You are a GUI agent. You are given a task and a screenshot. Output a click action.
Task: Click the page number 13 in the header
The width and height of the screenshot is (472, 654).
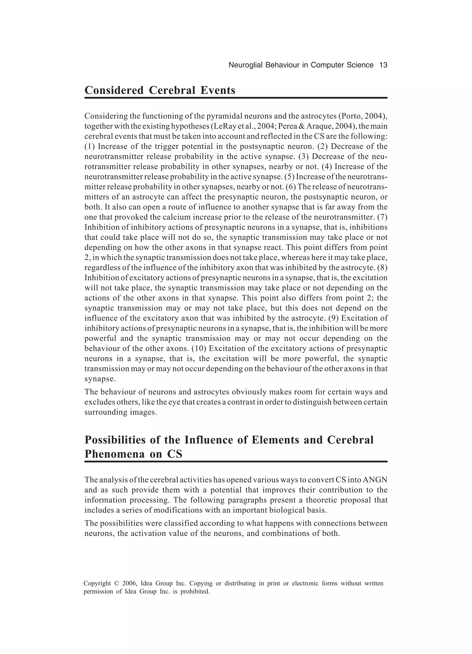pyautogui.click(x=383, y=65)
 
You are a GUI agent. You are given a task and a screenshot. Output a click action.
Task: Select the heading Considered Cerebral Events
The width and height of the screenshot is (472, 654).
pyautogui.click(x=160, y=91)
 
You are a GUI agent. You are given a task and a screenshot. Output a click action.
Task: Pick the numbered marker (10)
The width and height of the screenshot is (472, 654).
pyautogui.click(x=199, y=348)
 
